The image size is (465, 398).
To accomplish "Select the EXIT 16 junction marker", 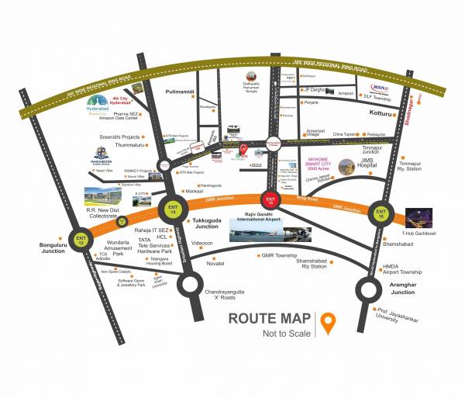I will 381,213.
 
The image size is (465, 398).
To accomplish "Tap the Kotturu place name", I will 377,113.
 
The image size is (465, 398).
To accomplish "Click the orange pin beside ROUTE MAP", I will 329,324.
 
